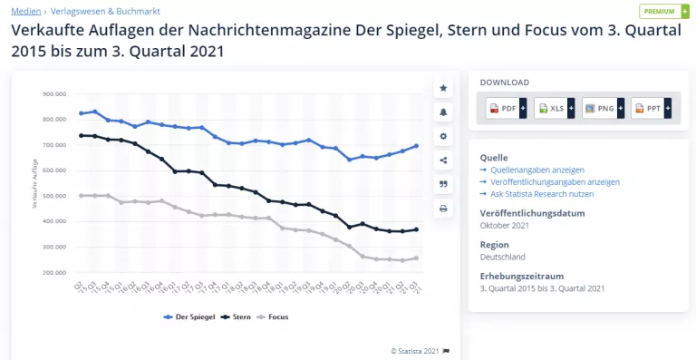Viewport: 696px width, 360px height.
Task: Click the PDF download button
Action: click(x=507, y=108)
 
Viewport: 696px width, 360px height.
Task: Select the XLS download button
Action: click(x=555, y=108)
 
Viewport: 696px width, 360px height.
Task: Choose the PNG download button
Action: click(x=603, y=108)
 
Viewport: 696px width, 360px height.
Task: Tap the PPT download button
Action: click(x=652, y=108)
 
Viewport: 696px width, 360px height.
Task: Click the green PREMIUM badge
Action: click(x=663, y=11)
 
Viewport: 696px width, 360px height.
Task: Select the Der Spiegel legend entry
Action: click(x=191, y=317)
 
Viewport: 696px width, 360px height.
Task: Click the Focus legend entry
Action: click(x=277, y=317)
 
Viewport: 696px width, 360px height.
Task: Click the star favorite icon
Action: click(x=443, y=88)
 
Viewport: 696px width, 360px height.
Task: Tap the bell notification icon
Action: click(x=443, y=112)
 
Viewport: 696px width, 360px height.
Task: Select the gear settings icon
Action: click(x=443, y=136)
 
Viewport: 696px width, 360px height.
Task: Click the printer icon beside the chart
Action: click(x=443, y=208)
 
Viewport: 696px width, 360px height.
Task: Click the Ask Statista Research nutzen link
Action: click(x=542, y=193)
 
